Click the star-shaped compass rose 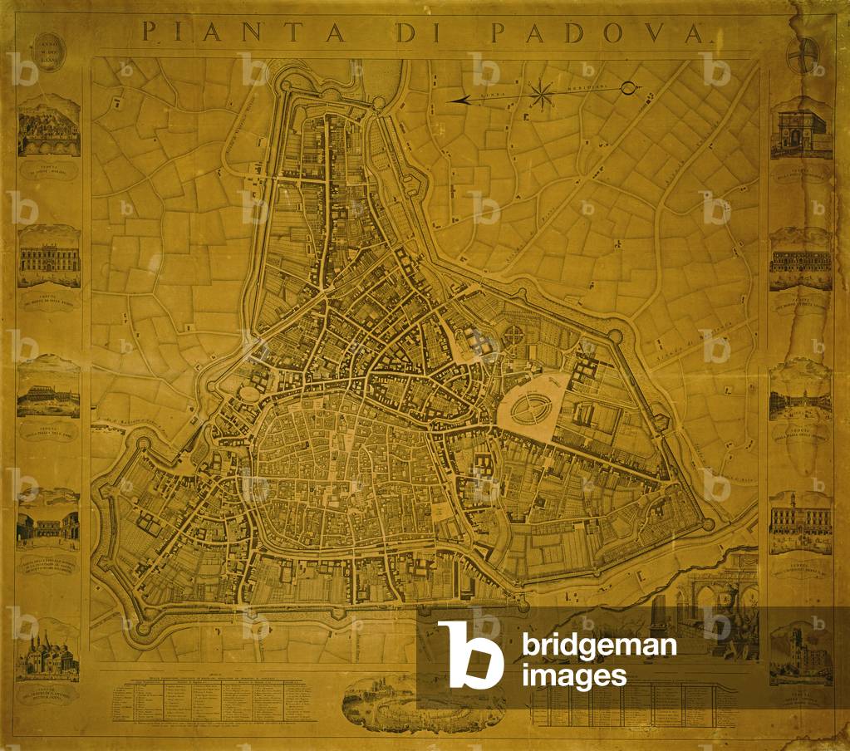pos(541,95)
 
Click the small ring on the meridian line pos(628,87)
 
